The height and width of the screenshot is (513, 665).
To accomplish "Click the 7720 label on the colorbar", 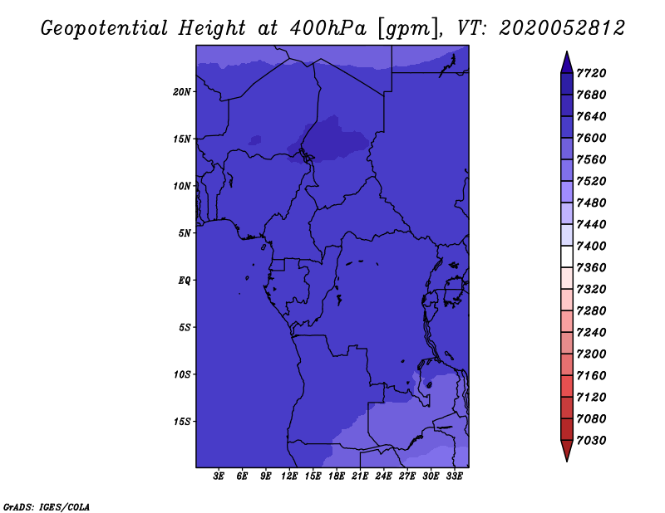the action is point(591,73).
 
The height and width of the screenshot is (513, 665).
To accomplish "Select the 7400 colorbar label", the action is point(591,246).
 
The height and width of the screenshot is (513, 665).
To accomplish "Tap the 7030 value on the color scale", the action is point(591,441).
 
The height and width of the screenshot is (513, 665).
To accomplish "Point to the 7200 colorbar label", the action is point(591,354).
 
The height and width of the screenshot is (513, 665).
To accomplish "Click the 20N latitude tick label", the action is point(182,92).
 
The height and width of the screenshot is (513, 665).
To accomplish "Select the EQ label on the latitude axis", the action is point(185,281).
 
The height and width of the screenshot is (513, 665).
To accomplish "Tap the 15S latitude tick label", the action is point(182,422).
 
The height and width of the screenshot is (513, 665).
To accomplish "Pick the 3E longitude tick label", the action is point(219,476).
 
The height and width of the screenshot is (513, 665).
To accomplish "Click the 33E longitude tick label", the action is point(454,476).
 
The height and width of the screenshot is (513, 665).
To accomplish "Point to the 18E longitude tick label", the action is point(337,476).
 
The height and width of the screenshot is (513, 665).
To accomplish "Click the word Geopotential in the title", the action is point(105,29).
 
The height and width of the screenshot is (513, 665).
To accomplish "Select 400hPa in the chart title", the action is point(328,28).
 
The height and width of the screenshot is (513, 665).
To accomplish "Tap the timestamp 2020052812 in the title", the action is point(562,28).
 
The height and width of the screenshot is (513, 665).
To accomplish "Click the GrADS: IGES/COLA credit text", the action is point(47,507).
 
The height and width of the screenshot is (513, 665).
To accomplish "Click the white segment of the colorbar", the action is point(567,256).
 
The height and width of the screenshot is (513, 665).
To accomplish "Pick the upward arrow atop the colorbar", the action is point(567,62).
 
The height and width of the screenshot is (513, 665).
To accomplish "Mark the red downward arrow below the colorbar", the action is point(567,451).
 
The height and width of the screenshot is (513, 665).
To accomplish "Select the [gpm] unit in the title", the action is point(408,29).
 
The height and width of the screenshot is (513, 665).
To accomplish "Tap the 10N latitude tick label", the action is point(182,186).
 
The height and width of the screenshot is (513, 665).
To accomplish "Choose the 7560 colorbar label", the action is point(591,159).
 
